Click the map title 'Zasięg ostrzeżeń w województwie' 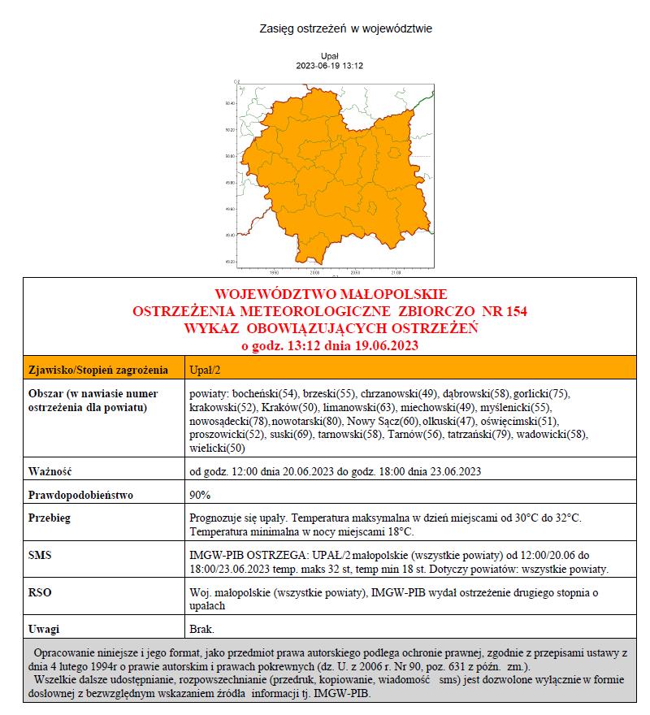point(344,28)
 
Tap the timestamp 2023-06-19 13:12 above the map point(329,65)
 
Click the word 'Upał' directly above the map point(329,56)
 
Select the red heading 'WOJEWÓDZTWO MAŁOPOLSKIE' point(330,293)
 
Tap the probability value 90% point(200,494)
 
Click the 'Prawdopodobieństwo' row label point(80,494)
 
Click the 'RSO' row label point(40,593)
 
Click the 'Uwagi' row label point(45,629)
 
